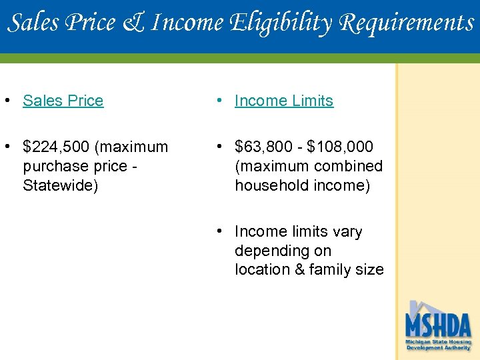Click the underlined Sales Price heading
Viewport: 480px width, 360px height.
[x=63, y=101]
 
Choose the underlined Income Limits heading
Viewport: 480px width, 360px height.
[x=284, y=101]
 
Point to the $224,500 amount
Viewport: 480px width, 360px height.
[x=57, y=146]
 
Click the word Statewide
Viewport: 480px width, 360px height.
[x=60, y=185]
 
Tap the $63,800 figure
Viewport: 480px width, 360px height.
[x=263, y=146]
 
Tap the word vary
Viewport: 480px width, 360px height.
[x=347, y=231]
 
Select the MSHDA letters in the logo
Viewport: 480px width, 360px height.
[x=438, y=326]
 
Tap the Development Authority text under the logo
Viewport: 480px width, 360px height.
[x=438, y=347]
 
